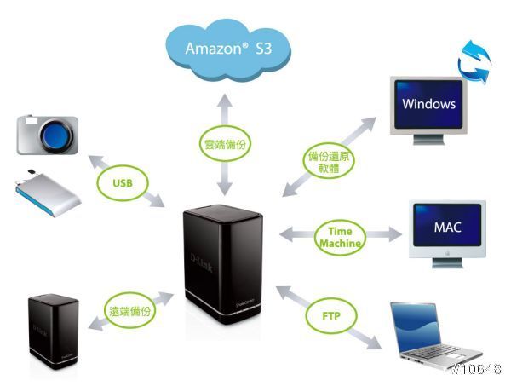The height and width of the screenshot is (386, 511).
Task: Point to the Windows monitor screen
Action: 429,105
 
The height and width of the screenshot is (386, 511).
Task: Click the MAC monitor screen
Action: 447,228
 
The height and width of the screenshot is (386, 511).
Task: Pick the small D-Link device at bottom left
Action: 54,333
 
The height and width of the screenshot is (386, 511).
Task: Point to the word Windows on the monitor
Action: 429,105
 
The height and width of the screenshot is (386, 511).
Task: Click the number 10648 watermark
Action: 479,369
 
